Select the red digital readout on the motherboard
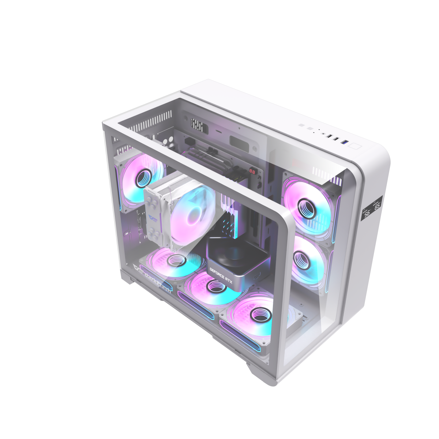[252, 171]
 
